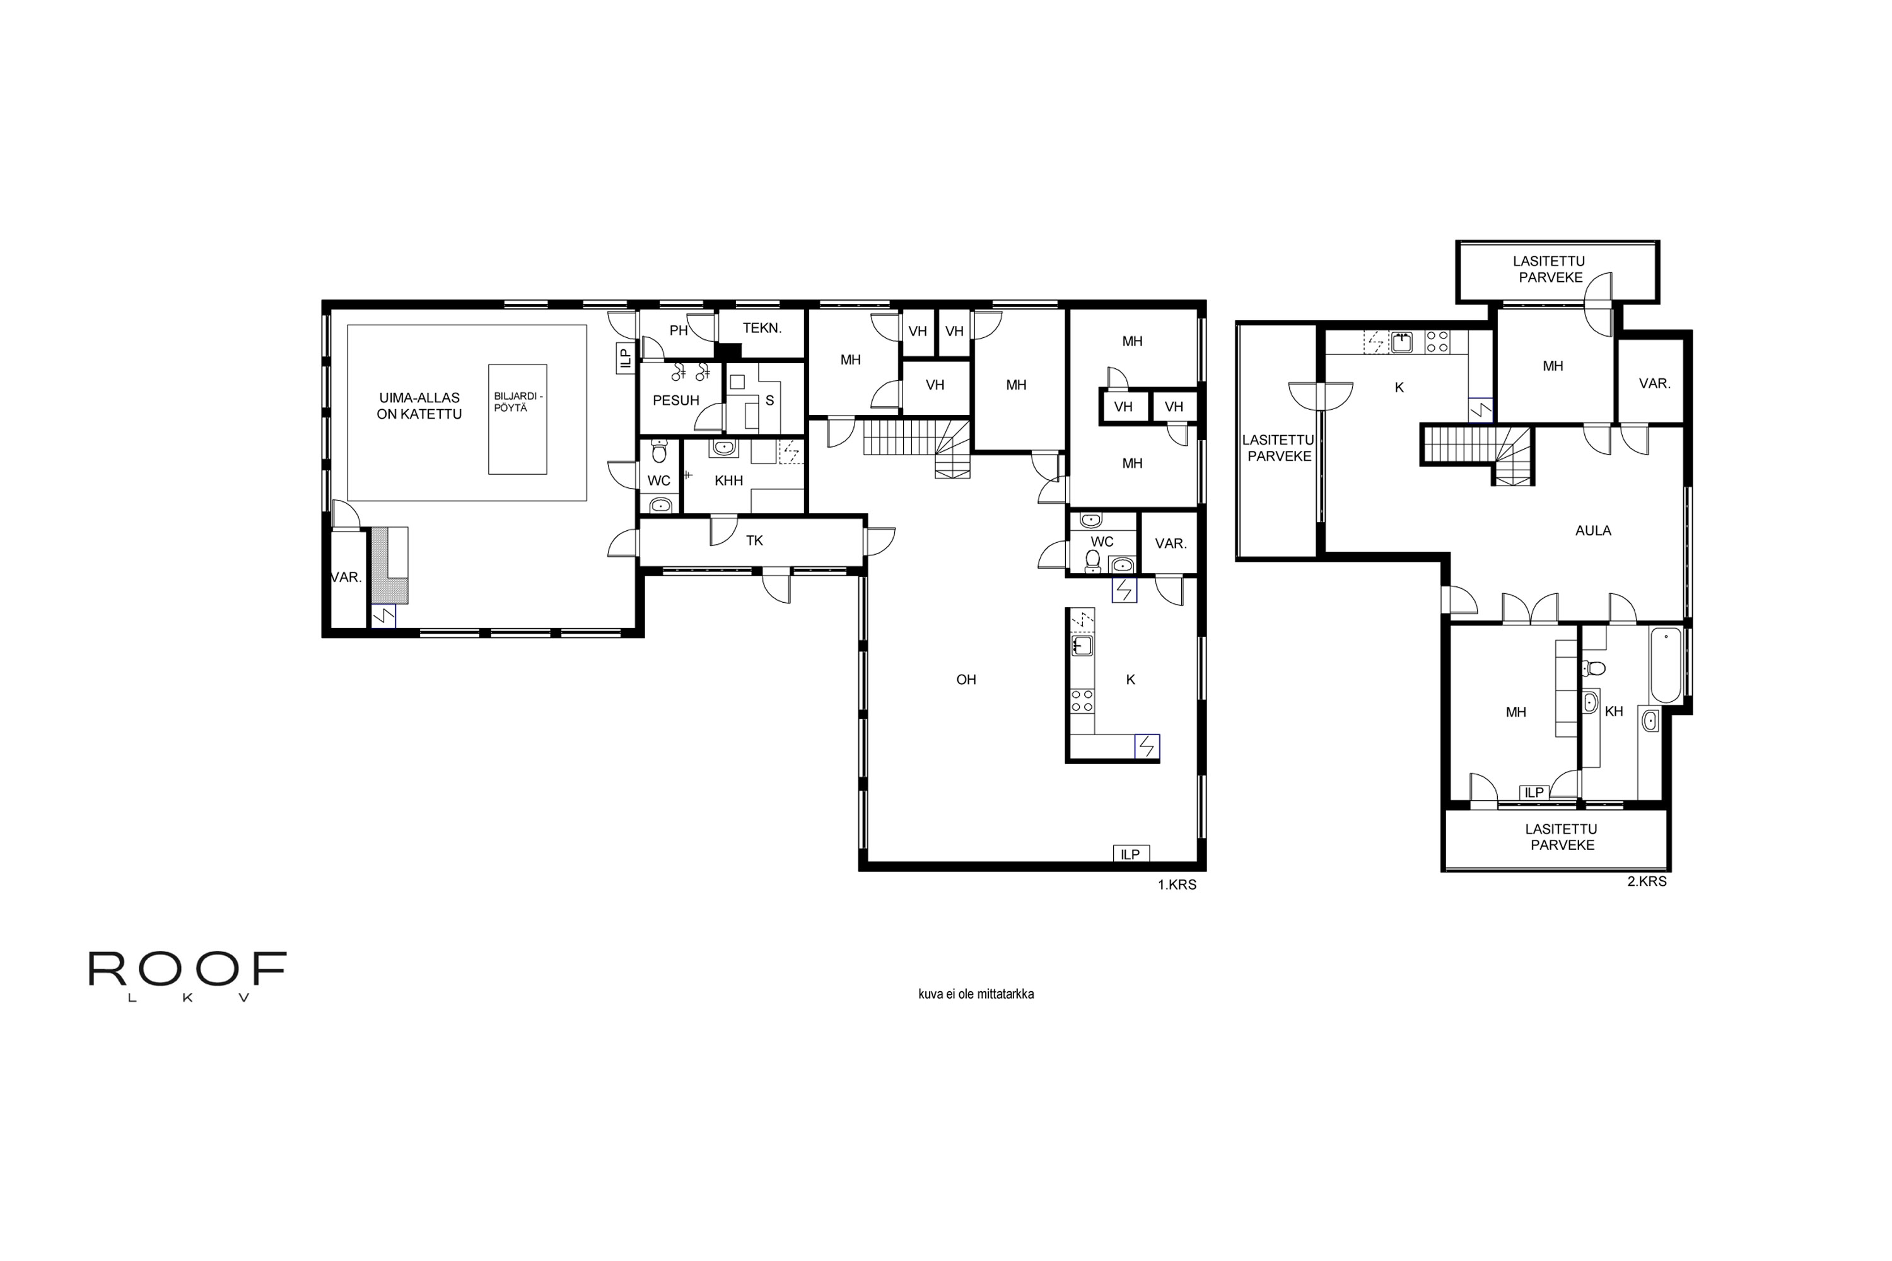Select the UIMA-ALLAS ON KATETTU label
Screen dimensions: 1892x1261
tap(419, 406)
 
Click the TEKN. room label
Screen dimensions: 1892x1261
tap(762, 328)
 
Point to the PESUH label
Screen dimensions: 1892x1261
tap(675, 400)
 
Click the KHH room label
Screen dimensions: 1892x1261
tap(729, 481)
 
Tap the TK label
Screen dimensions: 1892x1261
tap(754, 540)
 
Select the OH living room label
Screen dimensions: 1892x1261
tap(966, 680)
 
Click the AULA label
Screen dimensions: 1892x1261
tap(1593, 531)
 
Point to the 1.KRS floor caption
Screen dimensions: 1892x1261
tap(1177, 885)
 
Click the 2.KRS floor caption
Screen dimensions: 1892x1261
tap(1647, 881)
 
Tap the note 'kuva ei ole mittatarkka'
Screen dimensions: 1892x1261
tap(976, 994)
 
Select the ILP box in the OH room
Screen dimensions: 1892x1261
tap(1131, 854)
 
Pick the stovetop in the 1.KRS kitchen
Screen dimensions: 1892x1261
tap(1082, 700)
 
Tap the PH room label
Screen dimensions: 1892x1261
tap(678, 330)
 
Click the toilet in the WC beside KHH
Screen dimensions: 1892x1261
tap(659, 451)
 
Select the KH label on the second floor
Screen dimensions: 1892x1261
tap(1614, 712)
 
